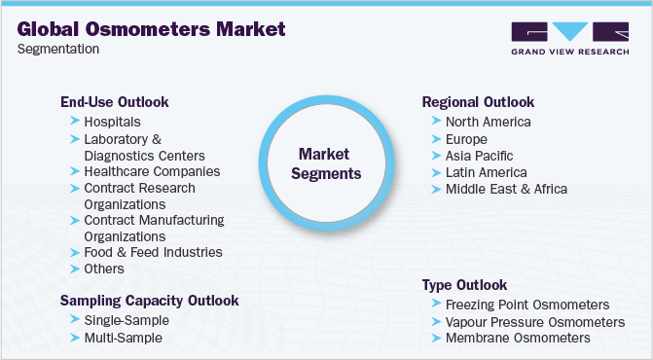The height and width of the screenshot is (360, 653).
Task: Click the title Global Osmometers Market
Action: click(152, 28)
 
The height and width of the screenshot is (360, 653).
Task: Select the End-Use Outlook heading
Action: click(114, 101)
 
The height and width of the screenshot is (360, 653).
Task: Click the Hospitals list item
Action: click(112, 122)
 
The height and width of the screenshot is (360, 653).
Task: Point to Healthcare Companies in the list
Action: click(152, 171)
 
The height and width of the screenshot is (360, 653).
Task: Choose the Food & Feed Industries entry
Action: click(153, 252)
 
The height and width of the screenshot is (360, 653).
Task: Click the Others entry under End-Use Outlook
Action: click(104, 269)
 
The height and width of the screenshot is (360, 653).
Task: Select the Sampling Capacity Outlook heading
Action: click(149, 300)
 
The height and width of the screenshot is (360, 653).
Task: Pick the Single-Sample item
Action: click(127, 320)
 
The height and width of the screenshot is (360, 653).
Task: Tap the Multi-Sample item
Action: click(123, 338)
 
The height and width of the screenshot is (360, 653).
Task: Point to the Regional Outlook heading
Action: click(478, 102)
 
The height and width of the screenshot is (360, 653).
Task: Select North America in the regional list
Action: click(488, 122)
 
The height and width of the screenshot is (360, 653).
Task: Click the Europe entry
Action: click(467, 139)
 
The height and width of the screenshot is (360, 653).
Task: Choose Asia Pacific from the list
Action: click(479, 156)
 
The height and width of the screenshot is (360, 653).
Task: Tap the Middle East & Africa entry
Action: click(506, 189)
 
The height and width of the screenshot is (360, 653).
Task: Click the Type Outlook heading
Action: click(464, 285)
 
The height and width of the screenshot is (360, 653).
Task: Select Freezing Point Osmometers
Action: click(526, 305)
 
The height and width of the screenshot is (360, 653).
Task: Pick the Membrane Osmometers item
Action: click(517, 338)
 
